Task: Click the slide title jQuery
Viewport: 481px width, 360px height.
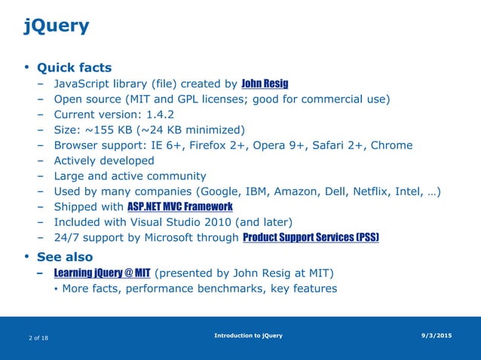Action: pos(57,27)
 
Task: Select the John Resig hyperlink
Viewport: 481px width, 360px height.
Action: pos(265,84)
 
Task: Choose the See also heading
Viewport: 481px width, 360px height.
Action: pos(70,257)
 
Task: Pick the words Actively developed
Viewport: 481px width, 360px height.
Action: pos(104,160)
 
